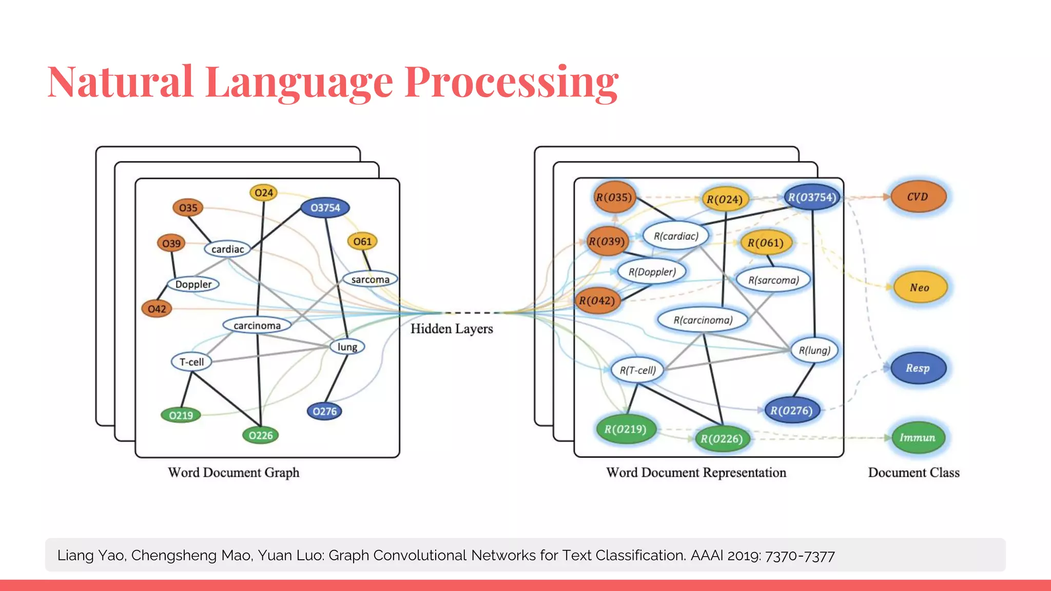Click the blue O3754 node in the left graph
325,208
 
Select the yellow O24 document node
264,193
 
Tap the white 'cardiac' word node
227,249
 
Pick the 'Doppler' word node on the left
193,284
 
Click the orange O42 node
157,309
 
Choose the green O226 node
261,436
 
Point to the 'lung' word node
347,347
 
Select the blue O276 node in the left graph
325,411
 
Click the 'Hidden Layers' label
452,329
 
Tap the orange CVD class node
918,197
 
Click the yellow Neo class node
920,288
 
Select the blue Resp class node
918,368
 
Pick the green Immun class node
918,438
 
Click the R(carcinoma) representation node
703,320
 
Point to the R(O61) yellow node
765,243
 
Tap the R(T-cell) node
637,370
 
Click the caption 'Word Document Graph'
233,472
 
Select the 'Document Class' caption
913,472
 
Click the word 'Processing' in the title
511,82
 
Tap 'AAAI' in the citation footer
707,556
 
